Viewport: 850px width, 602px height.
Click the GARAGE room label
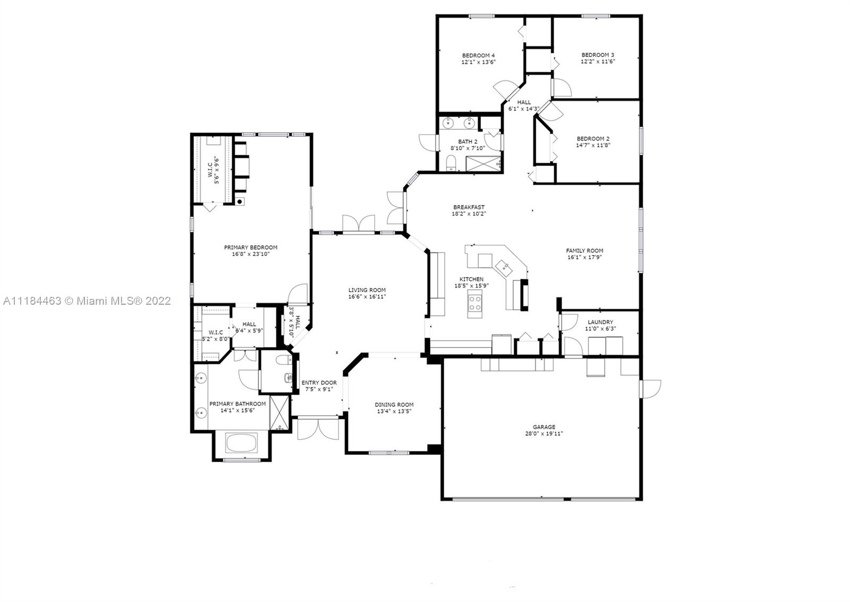[x=544, y=427]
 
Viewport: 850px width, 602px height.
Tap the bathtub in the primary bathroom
[x=241, y=443]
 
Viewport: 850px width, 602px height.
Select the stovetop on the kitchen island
[x=475, y=304]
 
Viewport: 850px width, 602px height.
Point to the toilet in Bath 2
[x=451, y=163]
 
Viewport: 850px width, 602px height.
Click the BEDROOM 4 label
[x=478, y=55]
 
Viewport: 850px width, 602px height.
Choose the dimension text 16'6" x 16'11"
[x=367, y=297]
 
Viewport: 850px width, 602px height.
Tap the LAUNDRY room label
[x=600, y=322]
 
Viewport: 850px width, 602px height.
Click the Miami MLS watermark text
[x=87, y=301]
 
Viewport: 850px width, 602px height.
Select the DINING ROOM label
[x=394, y=405]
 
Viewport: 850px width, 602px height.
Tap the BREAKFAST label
[x=469, y=207]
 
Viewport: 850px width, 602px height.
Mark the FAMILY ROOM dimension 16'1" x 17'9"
[x=584, y=257]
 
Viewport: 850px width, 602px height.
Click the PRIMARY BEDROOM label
[x=251, y=247]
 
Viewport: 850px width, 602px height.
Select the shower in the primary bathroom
[x=279, y=413]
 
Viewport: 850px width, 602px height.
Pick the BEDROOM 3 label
[x=598, y=55]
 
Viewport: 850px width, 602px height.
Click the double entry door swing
[x=318, y=429]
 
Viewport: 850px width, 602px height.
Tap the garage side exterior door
[x=650, y=389]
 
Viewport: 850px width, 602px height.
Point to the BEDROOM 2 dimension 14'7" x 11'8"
[x=593, y=145]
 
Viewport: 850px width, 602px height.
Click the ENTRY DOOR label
[x=319, y=382]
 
